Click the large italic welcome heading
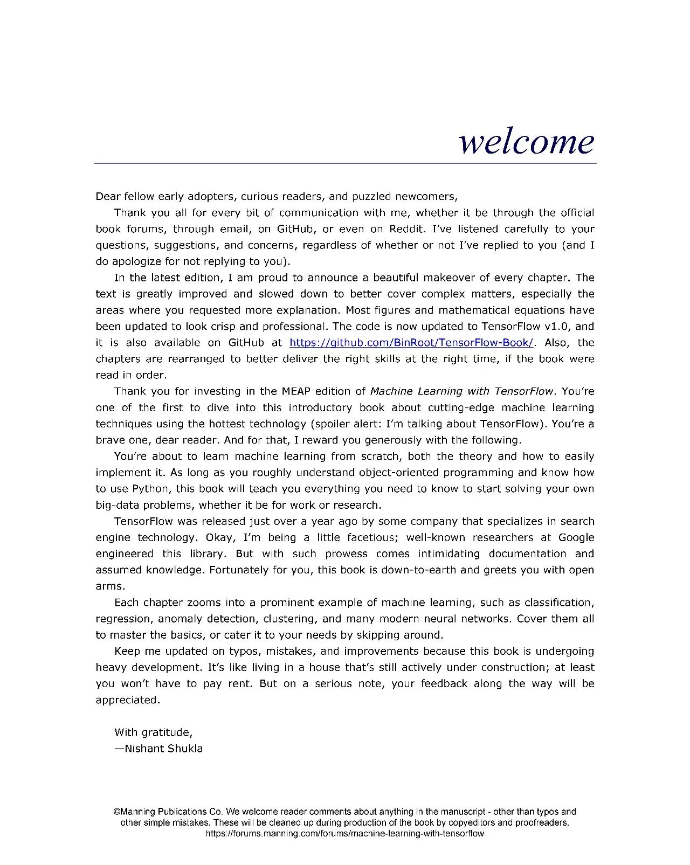526,142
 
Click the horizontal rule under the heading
345,163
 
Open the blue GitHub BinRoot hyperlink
411,343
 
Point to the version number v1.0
560,327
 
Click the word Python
145,489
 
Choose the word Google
576,537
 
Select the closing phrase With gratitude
153,732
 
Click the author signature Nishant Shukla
163,749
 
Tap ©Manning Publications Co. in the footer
168,812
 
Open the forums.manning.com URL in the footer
345,833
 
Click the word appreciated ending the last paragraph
128,700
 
